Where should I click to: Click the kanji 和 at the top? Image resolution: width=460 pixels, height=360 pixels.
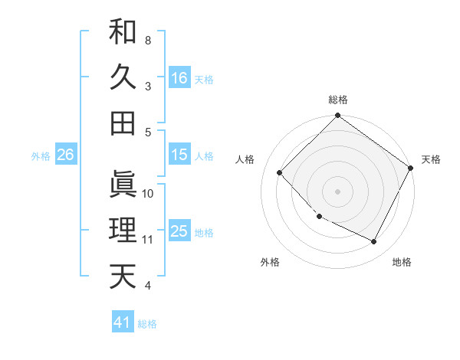[123, 31]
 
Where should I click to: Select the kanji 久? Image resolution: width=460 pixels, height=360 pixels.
[123, 77]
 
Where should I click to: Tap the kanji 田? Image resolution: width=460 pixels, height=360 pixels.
[123, 123]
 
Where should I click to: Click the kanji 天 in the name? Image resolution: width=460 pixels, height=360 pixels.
[123, 277]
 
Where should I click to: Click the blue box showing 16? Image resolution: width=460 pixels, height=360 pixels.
[179, 77]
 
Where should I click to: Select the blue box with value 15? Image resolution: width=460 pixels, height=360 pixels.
[179, 155]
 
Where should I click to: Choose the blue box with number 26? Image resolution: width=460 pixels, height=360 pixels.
[65, 155]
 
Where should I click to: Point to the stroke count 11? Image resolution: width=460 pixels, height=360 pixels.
[147, 240]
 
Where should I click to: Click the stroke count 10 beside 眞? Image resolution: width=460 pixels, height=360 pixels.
[148, 194]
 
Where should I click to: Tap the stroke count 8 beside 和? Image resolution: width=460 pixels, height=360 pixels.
[147, 40]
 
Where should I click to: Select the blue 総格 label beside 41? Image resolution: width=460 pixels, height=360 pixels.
[147, 324]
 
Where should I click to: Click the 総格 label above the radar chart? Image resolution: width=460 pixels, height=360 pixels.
[338, 100]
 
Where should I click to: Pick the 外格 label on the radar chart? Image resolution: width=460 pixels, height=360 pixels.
[270, 263]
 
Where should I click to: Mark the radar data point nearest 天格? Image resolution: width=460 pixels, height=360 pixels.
[411, 169]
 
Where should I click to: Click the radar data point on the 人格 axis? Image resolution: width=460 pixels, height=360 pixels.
[280, 173]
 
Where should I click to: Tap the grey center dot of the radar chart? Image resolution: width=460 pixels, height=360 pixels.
[337, 191]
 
